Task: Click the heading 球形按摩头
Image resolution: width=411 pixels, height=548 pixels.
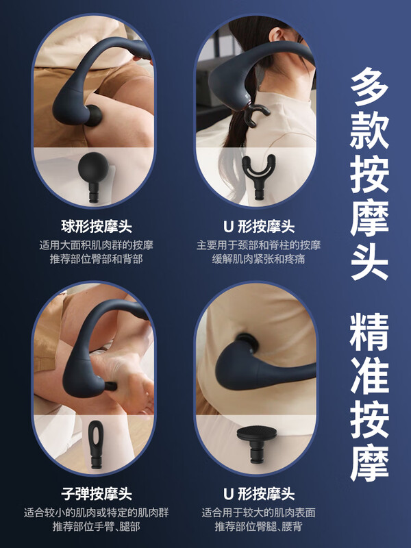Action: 97,227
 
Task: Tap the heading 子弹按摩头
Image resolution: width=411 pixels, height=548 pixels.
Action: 97,493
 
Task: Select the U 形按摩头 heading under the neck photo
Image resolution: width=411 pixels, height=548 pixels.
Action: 259,227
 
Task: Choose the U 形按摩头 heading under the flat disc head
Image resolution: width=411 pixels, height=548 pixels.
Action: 259,493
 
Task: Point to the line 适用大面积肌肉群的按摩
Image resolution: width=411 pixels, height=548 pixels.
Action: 96,245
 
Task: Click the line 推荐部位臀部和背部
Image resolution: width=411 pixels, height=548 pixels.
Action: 96,259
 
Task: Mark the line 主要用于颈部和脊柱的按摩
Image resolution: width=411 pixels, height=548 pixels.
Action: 259,245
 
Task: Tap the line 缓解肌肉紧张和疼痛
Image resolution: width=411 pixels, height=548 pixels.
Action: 259,259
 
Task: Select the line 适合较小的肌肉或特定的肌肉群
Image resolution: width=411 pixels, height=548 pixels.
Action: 96,512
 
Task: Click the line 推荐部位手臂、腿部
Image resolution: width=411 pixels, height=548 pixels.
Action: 96,526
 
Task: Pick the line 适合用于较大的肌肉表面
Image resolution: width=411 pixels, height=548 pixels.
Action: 259,512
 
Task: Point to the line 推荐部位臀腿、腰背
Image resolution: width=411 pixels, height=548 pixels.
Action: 259,526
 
